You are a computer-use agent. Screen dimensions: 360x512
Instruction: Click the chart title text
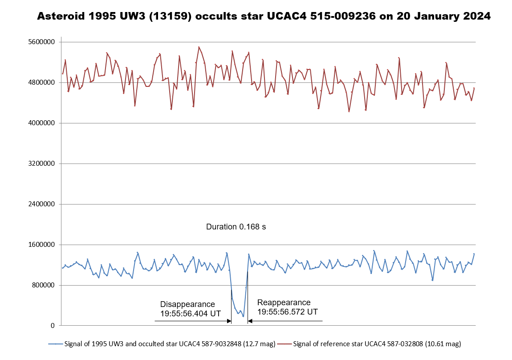tap(264, 16)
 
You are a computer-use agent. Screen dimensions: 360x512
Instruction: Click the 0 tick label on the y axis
tap(53, 326)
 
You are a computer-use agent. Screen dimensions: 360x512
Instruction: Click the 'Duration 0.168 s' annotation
tap(236, 227)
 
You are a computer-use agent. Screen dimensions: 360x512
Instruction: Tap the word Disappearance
tap(187, 304)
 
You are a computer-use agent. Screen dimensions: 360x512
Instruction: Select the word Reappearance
tap(284, 303)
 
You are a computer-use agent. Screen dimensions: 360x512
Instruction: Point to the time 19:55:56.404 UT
tap(191, 314)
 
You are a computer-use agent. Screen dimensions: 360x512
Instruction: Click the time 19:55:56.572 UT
tap(288, 312)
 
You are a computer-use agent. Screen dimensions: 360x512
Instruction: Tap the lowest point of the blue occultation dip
tap(243, 316)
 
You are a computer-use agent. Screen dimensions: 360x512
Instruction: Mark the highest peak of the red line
tap(199, 47)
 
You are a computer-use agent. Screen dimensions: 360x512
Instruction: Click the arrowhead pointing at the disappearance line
tap(229, 321)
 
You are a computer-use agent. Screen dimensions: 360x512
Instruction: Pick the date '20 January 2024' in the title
tap(439, 16)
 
